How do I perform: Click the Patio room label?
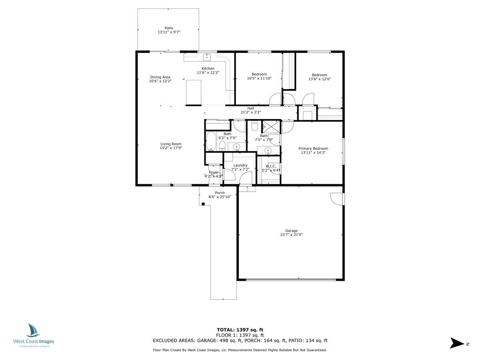(169, 28)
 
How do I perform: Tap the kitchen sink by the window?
(207, 56)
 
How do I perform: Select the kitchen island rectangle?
(194, 92)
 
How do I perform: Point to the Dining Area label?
(160, 77)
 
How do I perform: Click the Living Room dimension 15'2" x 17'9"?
(171, 148)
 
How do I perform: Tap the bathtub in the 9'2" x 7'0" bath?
(211, 142)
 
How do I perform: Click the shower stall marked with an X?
(271, 127)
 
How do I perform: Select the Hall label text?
(250, 108)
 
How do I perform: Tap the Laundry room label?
(240, 165)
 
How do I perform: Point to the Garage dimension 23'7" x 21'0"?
(291, 235)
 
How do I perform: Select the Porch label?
(220, 193)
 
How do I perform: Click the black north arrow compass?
(456, 343)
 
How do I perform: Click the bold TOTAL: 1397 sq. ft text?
(240, 330)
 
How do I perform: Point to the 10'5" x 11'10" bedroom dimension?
(259, 78)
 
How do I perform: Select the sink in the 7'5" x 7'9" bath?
(268, 151)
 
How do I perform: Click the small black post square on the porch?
(203, 204)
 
